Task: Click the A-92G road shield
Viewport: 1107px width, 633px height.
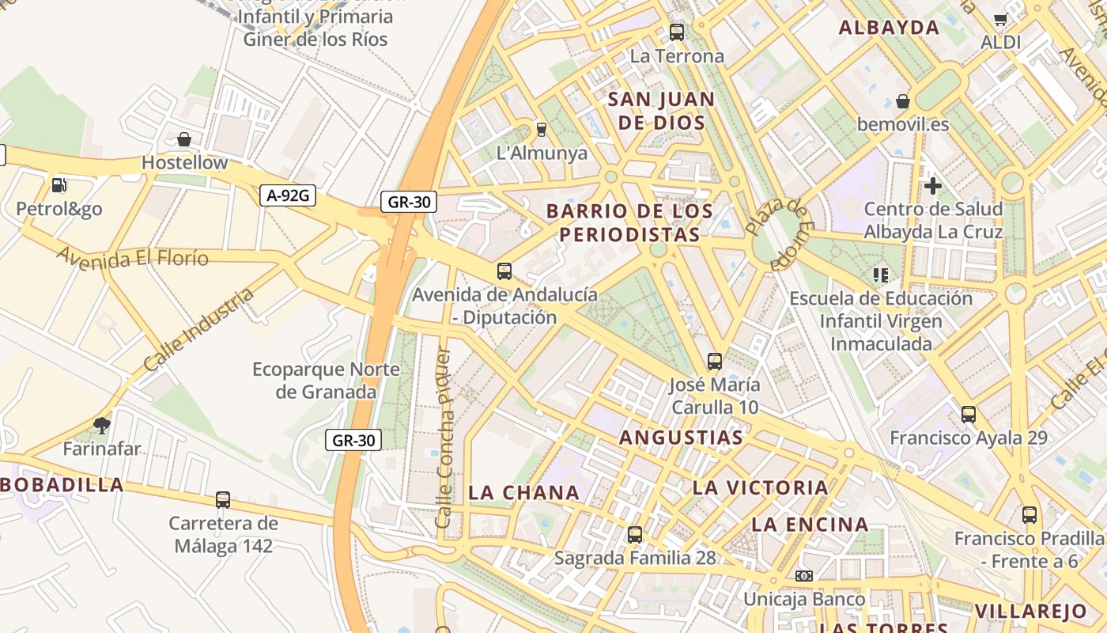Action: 288,195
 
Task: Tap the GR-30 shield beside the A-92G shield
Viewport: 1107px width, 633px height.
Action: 409,202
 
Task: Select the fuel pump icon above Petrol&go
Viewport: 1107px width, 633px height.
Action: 59,185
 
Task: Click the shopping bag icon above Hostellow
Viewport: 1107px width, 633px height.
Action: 184,140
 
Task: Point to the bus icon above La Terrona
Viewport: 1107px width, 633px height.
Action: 677,32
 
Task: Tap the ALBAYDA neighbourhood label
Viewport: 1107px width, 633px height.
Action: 889,28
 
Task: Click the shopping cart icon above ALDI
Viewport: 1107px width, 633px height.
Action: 1000,20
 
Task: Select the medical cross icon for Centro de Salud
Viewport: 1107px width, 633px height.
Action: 933,186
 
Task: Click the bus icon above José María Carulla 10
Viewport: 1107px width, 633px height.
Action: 715,362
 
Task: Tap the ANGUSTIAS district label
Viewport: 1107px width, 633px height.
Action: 681,438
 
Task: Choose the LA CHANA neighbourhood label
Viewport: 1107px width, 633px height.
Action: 524,492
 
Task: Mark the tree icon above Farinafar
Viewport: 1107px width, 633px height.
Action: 101,426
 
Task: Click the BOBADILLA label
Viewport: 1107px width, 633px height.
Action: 62,484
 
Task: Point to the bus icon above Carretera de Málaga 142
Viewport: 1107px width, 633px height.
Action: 223,500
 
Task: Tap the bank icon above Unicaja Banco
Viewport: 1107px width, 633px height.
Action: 804,576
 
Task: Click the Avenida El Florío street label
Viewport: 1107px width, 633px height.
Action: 132,257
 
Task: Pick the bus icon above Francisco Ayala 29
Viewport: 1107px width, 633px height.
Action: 969,414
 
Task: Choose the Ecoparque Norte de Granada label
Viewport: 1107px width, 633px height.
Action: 326,381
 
